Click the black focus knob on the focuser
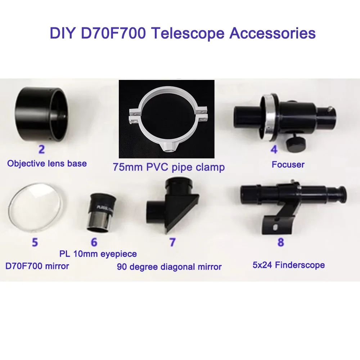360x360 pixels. [x=296, y=143]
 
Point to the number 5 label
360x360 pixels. [x=35, y=242]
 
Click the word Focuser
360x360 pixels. [x=288, y=165]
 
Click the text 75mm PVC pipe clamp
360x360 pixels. [x=168, y=167]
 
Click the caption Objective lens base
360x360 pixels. [x=47, y=163]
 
